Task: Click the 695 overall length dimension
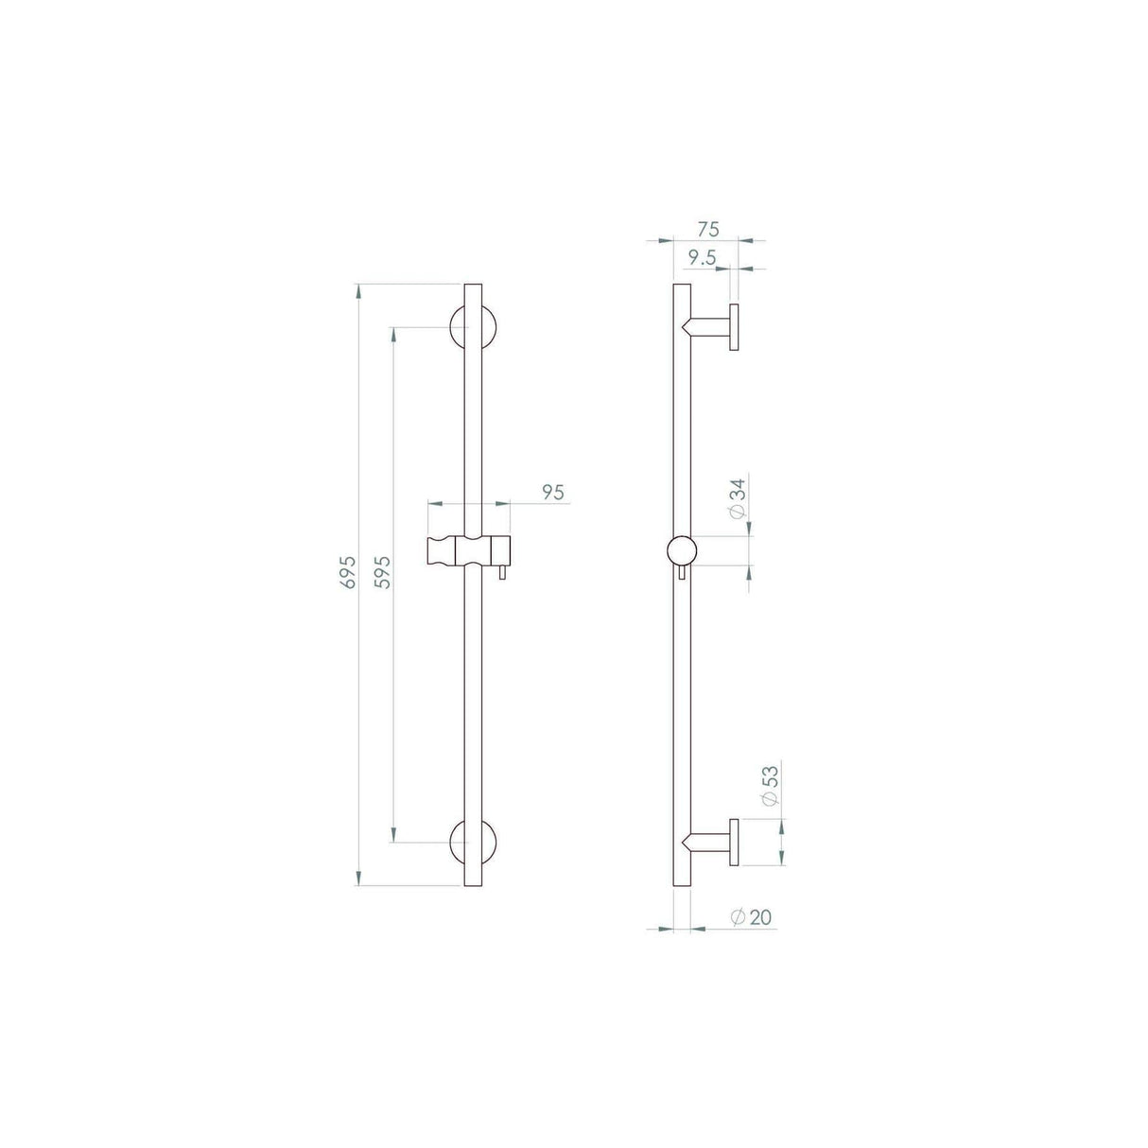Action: tap(348, 572)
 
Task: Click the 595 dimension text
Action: tap(384, 572)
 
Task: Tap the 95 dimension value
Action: tap(553, 492)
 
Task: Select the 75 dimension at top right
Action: tap(708, 229)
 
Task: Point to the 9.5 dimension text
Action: tap(701, 257)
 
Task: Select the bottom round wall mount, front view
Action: tap(475, 841)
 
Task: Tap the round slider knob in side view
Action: tap(682, 550)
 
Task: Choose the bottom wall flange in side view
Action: tap(733, 841)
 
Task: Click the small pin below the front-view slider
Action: tap(502, 574)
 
